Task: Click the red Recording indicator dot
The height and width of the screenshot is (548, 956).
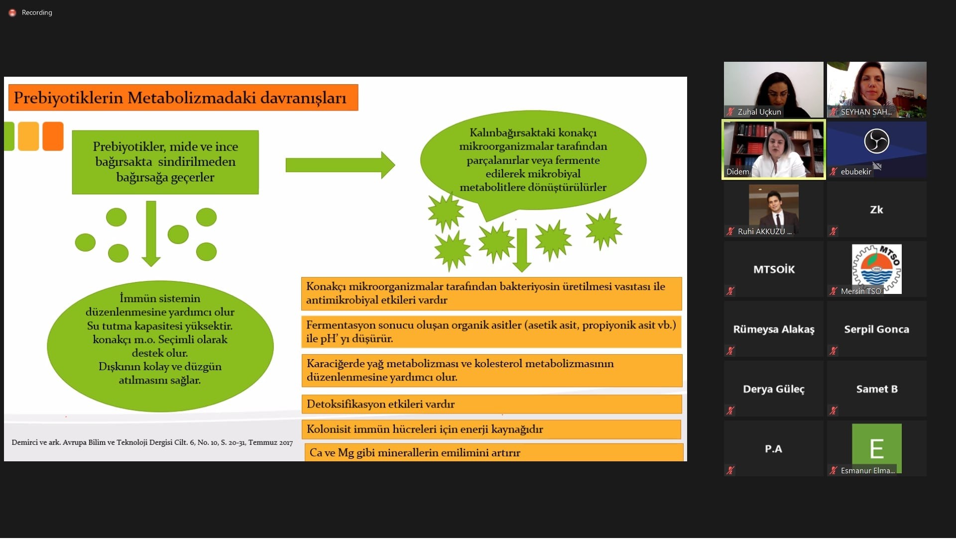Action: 12,12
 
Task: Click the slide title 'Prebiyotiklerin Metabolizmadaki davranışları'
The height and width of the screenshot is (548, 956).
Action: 180,98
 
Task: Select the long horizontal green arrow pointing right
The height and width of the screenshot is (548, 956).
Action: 340,165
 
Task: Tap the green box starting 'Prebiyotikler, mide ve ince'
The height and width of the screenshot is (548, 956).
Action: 165,162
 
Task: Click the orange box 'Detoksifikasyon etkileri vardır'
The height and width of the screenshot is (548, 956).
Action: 491,404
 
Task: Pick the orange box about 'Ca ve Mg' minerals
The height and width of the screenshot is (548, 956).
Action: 494,452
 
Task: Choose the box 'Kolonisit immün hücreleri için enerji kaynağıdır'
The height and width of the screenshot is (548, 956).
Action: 491,429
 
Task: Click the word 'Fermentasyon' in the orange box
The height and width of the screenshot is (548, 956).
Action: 341,325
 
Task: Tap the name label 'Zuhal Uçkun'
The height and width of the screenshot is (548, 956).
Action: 759,112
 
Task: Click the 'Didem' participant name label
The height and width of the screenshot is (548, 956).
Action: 737,172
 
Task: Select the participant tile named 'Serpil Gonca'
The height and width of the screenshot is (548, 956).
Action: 877,329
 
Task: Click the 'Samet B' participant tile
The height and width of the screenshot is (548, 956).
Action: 877,389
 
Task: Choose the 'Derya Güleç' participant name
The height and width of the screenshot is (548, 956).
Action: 774,389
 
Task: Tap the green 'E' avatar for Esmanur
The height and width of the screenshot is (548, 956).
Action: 877,448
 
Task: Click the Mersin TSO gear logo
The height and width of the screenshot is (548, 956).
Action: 877,269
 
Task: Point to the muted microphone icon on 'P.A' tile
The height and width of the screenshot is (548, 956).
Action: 730,470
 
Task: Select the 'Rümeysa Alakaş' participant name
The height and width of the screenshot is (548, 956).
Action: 774,329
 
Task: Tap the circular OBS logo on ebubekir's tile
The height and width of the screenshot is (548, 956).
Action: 877,141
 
